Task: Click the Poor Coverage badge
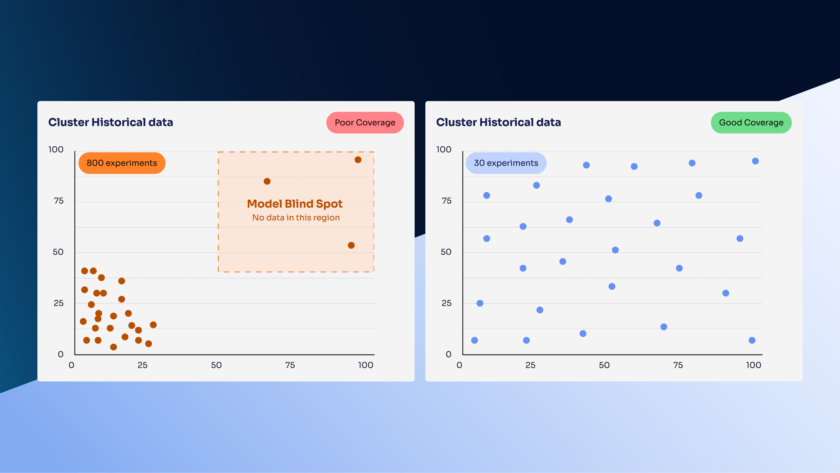[x=365, y=123]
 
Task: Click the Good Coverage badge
[x=751, y=123]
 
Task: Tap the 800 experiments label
[x=122, y=163]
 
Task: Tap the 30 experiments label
[x=506, y=163]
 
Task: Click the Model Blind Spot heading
[x=295, y=204]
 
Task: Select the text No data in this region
[x=296, y=218]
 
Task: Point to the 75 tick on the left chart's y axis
[x=59, y=201]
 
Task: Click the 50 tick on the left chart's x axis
[x=216, y=365]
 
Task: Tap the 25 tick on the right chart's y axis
[x=446, y=303]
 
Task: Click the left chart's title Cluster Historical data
[x=110, y=122]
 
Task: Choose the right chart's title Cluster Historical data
[x=499, y=122]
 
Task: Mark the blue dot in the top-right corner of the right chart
[x=755, y=161]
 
